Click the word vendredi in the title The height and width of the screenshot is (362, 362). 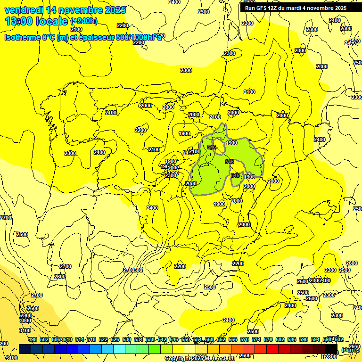(x=24, y=10)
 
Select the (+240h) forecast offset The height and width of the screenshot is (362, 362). (x=84, y=21)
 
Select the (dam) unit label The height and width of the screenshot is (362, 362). (x=349, y=349)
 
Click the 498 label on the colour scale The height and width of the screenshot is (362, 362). (x=33, y=339)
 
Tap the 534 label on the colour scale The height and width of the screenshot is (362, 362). (x=139, y=339)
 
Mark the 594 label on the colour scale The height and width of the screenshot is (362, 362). (x=315, y=339)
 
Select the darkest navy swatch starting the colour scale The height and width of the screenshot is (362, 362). (x=25, y=349)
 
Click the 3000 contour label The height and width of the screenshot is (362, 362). (x=25, y=321)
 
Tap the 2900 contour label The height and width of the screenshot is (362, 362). (x=26, y=315)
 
